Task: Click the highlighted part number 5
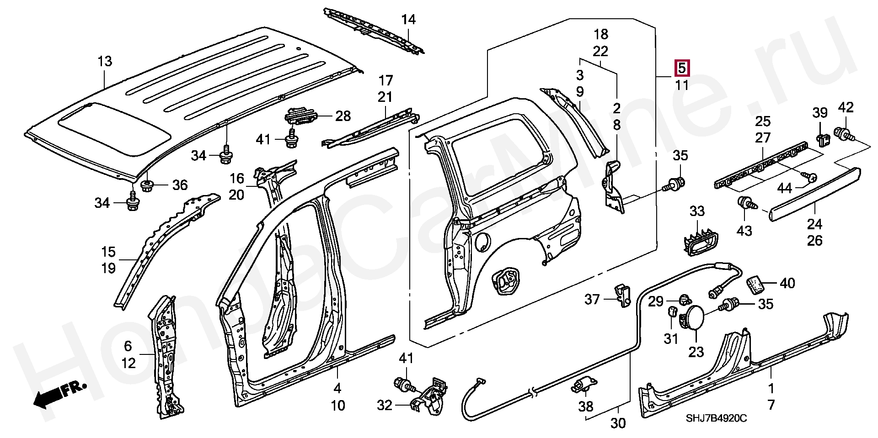click(x=681, y=69)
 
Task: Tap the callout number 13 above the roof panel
click(x=105, y=61)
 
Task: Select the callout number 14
click(x=408, y=20)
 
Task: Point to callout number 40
click(x=787, y=283)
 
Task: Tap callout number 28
click(x=343, y=116)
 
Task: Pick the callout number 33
click(x=697, y=211)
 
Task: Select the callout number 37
click(x=592, y=300)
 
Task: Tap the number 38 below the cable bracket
click(x=586, y=406)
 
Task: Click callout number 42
click(x=846, y=108)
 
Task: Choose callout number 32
click(x=385, y=405)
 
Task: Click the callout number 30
click(x=618, y=423)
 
